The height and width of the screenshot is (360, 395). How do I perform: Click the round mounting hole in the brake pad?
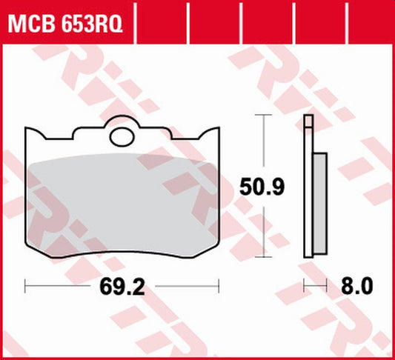(x=122, y=136)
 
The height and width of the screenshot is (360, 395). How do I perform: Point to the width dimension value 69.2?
(x=122, y=284)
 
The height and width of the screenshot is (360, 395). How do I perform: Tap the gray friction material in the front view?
(x=122, y=207)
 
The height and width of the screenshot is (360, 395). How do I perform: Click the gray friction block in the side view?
(x=319, y=201)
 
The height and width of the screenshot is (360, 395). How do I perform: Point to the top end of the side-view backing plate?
(x=308, y=119)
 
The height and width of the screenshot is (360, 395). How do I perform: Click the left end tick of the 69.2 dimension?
(x=26, y=284)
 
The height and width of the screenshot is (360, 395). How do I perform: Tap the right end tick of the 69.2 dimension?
(x=219, y=284)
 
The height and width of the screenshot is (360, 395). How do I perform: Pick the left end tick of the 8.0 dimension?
(x=303, y=284)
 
